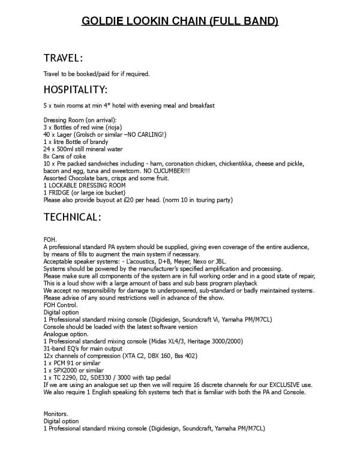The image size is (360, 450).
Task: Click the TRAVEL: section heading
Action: pos(63,58)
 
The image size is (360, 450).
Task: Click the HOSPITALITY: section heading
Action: pos(76,90)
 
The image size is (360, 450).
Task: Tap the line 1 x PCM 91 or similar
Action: pos(76,362)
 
